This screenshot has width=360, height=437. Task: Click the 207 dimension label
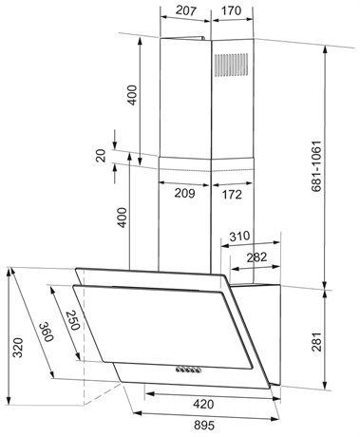pyautogui.click(x=186, y=10)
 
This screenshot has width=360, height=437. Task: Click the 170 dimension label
pyautogui.click(x=232, y=10)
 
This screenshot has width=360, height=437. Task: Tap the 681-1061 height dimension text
pyautogui.click(x=316, y=166)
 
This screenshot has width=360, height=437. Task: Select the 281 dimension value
pyautogui.click(x=316, y=341)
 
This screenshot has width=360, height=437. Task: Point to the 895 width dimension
pyautogui.click(x=204, y=426)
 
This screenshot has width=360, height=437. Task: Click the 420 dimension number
pyautogui.click(x=203, y=404)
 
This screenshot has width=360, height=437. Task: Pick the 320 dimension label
pyautogui.click(x=18, y=348)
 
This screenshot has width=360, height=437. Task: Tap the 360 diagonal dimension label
pyautogui.click(x=47, y=332)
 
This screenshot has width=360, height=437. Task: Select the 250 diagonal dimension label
pyautogui.click(x=72, y=320)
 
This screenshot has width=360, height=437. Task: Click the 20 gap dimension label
pyautogui.click(x=101, y=156)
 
